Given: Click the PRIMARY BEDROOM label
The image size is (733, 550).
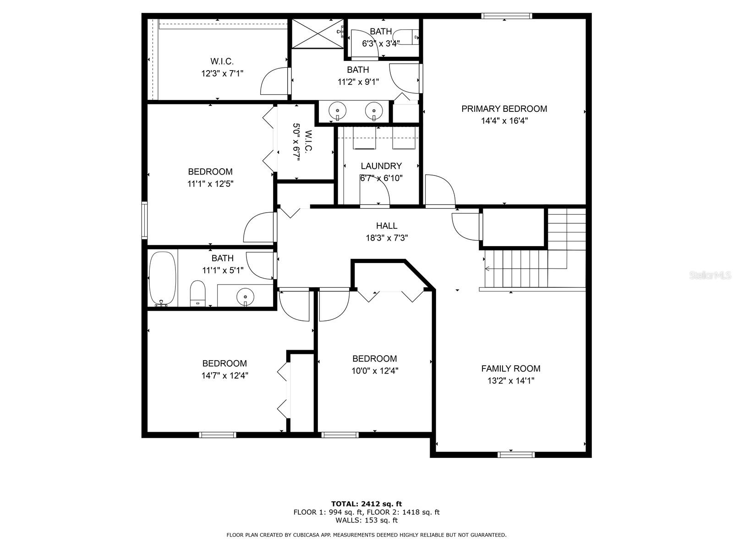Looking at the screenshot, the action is point(504,109).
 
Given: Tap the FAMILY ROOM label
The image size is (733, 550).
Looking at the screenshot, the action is point(511,368).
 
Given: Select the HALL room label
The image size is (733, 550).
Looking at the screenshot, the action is point(387,226).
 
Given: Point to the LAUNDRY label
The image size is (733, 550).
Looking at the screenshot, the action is point(381,166).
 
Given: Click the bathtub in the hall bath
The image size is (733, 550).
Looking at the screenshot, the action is point(162,279).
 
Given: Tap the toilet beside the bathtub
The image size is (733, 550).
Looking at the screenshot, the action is point(197,293).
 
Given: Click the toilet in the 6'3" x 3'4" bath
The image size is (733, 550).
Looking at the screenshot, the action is point(405,37).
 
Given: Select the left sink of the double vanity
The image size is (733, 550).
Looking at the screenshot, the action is point(337,110).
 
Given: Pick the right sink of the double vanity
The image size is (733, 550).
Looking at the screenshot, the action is point(374,110).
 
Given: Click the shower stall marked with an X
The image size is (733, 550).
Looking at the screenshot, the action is point(317,33).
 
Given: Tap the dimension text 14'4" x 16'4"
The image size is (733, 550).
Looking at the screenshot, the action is point(504,121).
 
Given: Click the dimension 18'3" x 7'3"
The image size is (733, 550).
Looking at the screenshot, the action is point(387,238).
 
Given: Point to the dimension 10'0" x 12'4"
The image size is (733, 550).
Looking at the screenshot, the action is point(375,371).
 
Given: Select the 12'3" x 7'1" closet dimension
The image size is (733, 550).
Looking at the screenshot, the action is point(222,73).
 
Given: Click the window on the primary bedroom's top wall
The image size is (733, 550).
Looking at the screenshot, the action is point(506,16).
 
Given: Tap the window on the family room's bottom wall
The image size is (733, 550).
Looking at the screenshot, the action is point(516,455).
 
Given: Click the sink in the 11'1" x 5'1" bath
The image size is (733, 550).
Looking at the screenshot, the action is point(245,297).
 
